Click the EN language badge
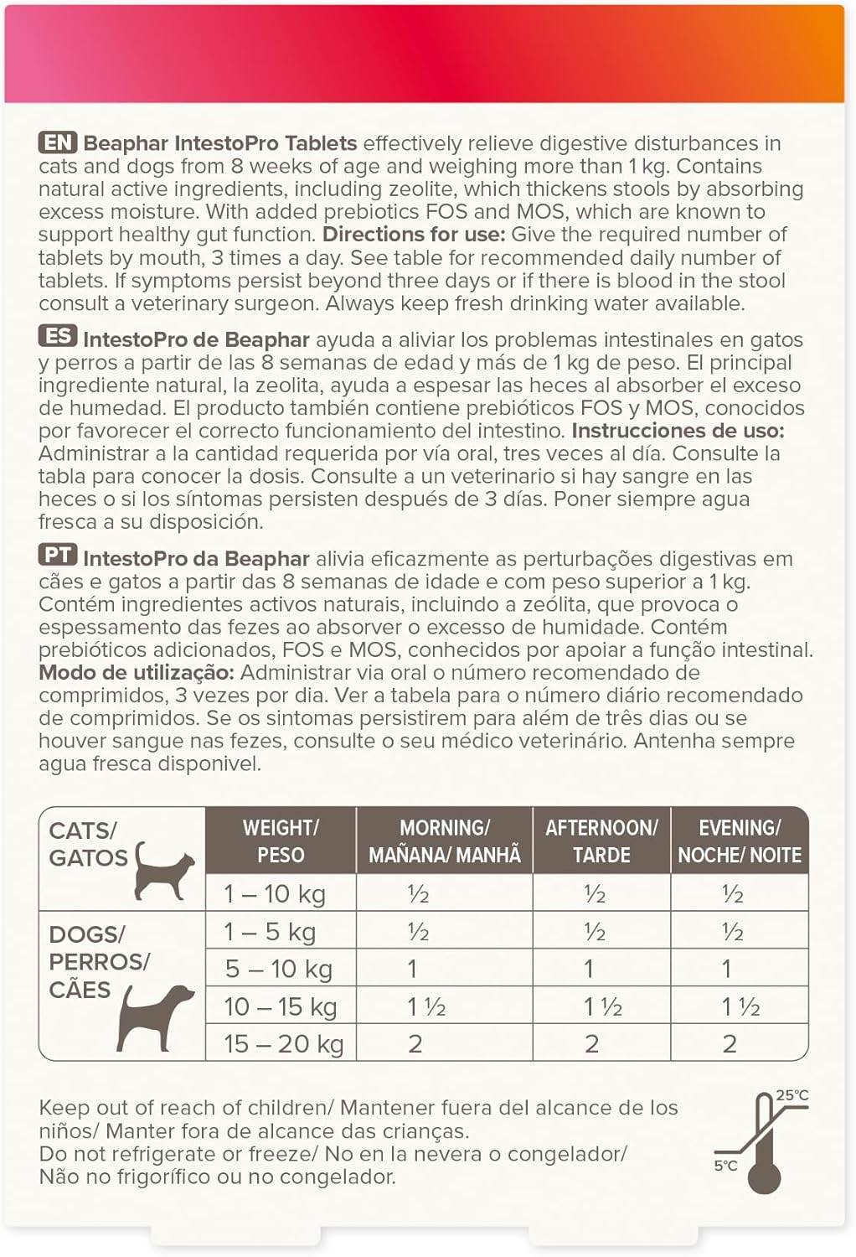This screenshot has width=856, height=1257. (58, 143)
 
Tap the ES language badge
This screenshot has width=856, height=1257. (58, 338)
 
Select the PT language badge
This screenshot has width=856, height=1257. (58, 556)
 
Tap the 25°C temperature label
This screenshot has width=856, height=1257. (792, 1095)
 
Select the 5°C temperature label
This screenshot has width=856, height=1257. (725, 1166)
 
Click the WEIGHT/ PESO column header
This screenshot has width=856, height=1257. (281, 841)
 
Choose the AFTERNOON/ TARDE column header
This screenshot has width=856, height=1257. (601, 841)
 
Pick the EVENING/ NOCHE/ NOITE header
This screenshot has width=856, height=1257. (740, 841)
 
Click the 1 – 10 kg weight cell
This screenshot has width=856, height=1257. (275, 894)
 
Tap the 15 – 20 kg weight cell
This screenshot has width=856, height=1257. (284, 1044)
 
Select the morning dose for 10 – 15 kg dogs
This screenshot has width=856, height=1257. (426, 1006)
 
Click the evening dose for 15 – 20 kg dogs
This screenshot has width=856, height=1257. (730, 1044)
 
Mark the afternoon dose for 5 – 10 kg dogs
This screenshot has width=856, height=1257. (589, 969)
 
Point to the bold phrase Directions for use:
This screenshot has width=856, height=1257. (414, 235)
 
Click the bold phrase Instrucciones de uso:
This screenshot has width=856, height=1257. (678, 431)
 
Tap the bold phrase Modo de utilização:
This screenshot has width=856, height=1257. (137, 672)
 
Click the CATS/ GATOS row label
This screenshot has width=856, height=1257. (88, 845)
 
